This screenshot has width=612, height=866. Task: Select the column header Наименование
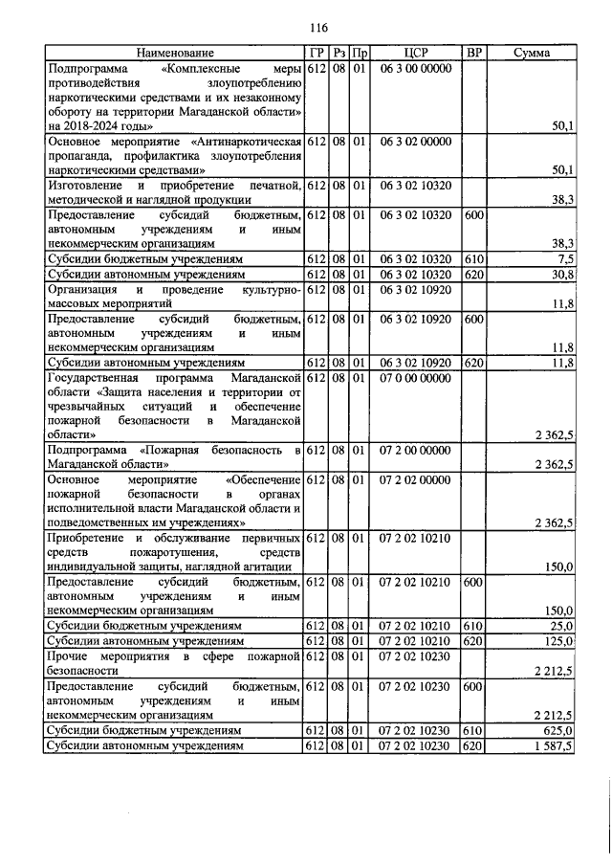coord(174,54)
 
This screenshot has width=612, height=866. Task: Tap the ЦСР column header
coord(414,54)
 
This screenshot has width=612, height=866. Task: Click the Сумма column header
coord(531,54)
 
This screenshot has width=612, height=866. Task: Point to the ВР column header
coord(473,54)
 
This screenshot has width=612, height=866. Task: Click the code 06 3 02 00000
coord(414,142)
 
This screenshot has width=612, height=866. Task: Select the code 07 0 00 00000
coord(414,379)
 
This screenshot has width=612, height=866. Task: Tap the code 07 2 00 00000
coord(414,451)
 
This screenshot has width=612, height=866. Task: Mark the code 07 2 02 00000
coord(414,479)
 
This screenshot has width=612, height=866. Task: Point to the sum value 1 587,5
coord(553,746)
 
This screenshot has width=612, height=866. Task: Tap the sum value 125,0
coord(557,641)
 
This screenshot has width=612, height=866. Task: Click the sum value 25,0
coord(560,626)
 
